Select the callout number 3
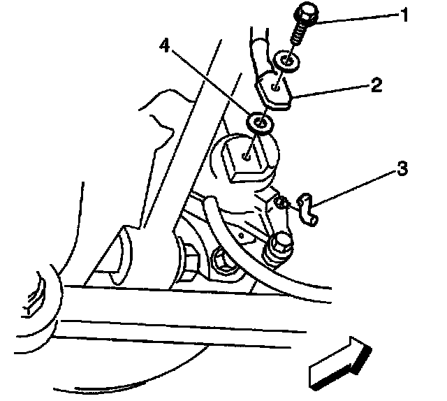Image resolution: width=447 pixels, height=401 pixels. click(x=402, y=169)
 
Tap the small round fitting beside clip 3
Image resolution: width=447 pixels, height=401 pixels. click(x=280, y=203)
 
